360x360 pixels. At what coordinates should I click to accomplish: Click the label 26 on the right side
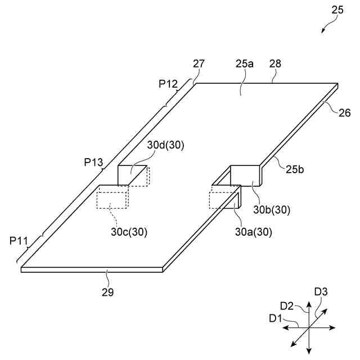344,113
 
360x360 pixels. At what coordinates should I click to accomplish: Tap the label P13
94,163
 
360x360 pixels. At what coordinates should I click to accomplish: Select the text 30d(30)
166,145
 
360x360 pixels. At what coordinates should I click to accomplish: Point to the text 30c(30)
129,232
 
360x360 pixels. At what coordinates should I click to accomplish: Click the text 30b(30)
272,210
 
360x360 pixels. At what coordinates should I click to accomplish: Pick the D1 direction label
275,318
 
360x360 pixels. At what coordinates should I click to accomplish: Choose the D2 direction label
287,306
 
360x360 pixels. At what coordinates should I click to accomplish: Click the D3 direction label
321,292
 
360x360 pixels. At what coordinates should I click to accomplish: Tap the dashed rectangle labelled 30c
112,200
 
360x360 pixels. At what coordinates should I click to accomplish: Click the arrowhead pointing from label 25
323,30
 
